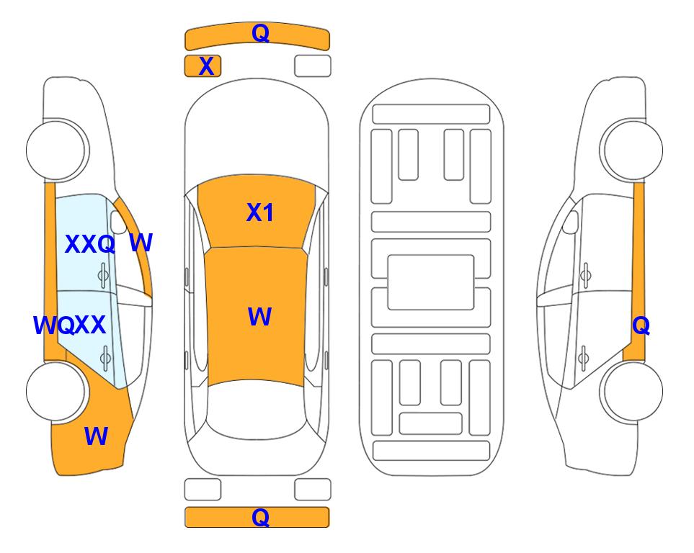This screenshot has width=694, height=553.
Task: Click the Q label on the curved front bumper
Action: pyautogui.click(x=260, y=33)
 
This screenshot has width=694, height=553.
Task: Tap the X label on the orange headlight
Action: pyautogui.click(x=206, y=66)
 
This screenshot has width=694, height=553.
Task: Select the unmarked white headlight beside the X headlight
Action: pyautogui.click(x=313, y=66)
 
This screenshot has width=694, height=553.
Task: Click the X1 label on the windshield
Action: pyautogui.click(x=260, y=212)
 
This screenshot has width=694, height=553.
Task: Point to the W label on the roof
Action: pyautogui.click(x=260, y=316)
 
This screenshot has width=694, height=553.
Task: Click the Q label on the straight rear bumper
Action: pyautogui.click(x=260, y=517)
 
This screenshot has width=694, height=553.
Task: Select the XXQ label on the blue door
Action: pyautogui.click(x=90, y=244)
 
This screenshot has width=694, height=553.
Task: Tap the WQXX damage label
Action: pyautogui.click(x=69, y=325)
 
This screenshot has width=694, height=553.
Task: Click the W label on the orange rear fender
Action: pyautogui.click(x=96, y=436)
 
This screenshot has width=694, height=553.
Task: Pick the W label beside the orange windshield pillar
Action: pyautogui.click(x=141, y=243)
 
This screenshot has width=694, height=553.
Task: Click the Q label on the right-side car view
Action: pyautogui.click(x=641, y=326)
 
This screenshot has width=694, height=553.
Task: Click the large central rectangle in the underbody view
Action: pyautogui.click(x=431, y=282)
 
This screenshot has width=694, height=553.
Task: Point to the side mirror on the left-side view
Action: pyautogui.click(x=118, y=222)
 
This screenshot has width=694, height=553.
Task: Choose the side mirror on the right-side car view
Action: pyautogui.click(x=571, y=222)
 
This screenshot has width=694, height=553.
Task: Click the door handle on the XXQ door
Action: pyautogui.click(x=103, y=276)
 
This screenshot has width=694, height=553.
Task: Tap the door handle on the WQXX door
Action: pyautogui.click(x=105, y=358)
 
